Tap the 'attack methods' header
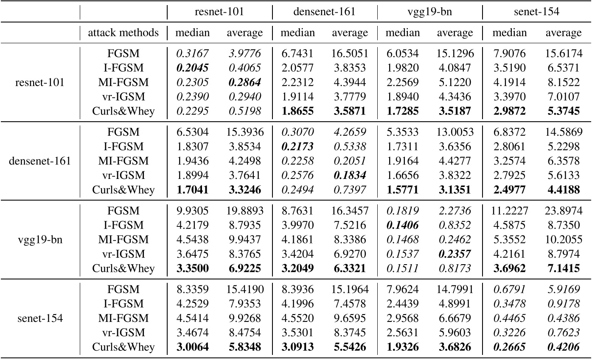click(x=123, y=32)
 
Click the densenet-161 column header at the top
click(x=324, y=12)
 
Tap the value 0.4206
click(x=563, y=347)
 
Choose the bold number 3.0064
click(x=192, y=347)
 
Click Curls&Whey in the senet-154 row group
click(x=123, y=347)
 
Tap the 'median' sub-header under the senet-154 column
click(x=509, y=32)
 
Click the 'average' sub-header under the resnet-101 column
click(x=245, y=32)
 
